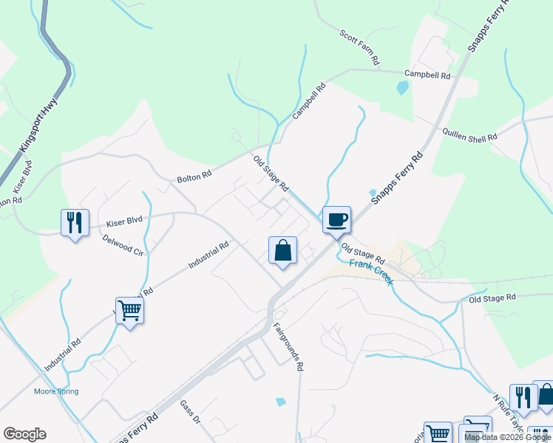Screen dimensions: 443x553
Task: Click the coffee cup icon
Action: (x=336, y=219)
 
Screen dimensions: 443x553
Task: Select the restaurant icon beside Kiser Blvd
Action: (x=75, y=222)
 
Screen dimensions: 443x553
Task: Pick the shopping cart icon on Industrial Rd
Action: (x=129, y=311)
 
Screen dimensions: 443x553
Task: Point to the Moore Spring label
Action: (x=56, y=391)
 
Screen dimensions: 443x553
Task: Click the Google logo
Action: (x=24, y=434)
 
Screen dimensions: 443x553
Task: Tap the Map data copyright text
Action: (x=507, y=437)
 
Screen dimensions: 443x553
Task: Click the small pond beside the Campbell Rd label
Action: (x=402, y=89)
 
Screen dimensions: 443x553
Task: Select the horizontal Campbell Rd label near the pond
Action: (x=427, y=75)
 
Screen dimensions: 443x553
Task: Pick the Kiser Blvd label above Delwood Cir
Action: (x=123, y=221)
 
